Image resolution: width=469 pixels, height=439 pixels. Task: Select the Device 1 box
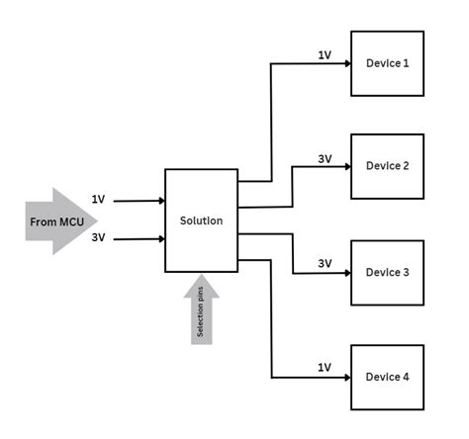tap(387, 63)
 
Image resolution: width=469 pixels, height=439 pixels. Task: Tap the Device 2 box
tap(387, 166)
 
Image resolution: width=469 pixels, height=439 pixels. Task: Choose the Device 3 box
tap(387, 273)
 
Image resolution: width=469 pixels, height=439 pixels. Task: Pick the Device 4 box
tap(387, 377)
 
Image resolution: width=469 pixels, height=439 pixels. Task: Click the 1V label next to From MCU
tap(97, 199)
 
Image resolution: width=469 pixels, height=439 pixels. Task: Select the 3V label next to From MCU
tap(97, 238)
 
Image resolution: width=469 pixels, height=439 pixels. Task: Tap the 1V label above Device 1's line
tap(324, 55)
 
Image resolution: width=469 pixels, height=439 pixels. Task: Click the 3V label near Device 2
tap(325, 158)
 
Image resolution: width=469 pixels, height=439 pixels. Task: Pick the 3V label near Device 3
tap(325, 264)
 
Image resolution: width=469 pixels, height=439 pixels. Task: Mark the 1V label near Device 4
tap(325, 368)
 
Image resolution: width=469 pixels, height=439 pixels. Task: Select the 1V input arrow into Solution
tap(139, 200)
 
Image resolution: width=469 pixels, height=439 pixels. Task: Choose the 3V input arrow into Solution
tap(139, 238)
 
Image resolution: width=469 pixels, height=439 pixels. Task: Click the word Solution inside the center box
tap(201, 219)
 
